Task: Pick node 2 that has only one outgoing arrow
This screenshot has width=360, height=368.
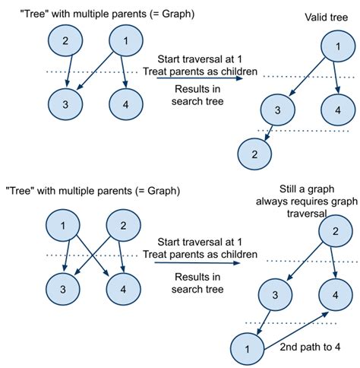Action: [x=65, y=42]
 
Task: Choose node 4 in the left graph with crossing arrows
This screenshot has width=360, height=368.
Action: [x=122, y=290]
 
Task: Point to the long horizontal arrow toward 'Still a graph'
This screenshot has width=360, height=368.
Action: [x=194, y=263]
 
